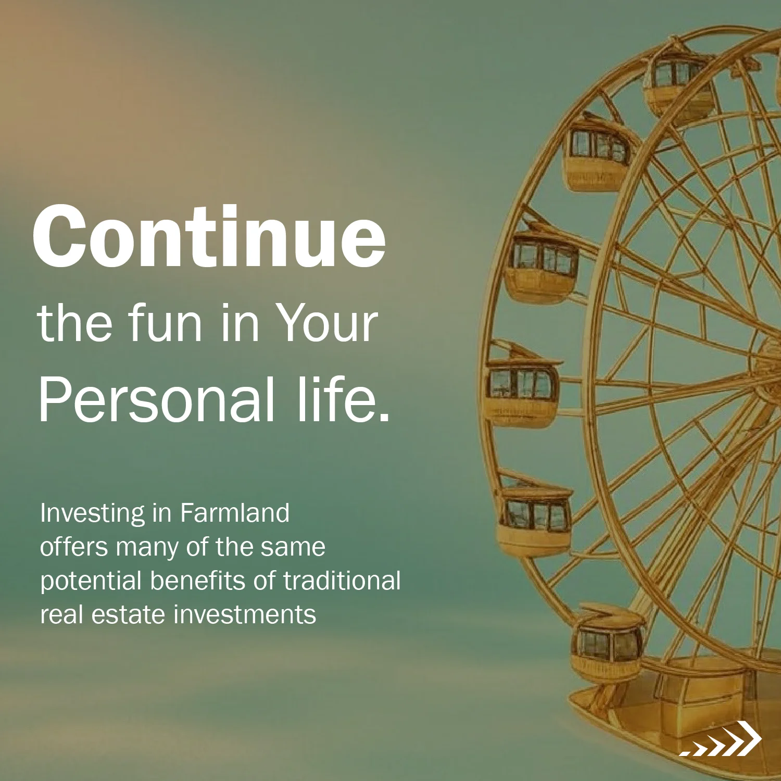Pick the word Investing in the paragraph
point(93,514)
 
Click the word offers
point(73,547)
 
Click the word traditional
point(342,581)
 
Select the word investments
point(245,615)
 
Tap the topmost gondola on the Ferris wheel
point(677,86)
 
